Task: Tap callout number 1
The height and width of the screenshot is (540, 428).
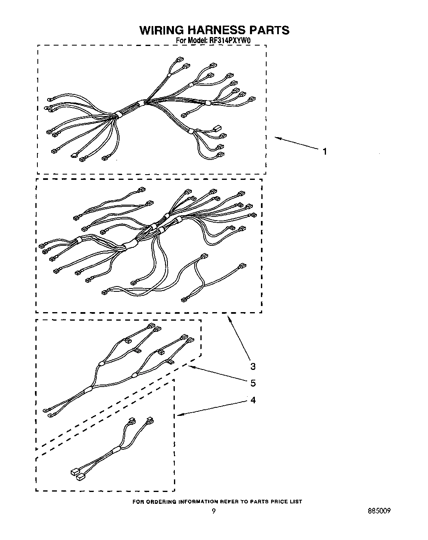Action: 324,152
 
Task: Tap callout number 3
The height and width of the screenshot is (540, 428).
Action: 253,367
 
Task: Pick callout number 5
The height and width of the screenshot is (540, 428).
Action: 253,383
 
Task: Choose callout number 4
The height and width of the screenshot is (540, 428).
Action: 253,400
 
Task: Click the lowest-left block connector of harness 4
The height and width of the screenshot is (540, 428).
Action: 74,472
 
